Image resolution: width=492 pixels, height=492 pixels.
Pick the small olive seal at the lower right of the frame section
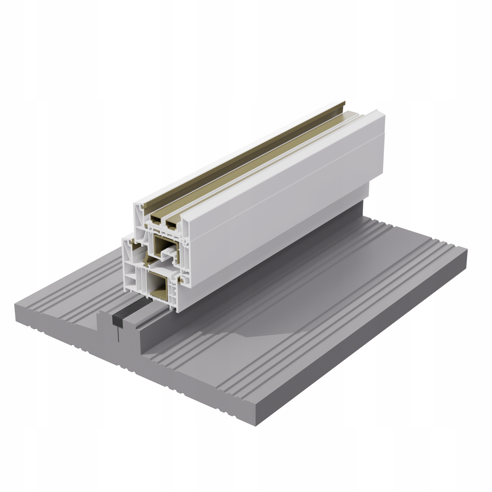pos(182,280)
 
